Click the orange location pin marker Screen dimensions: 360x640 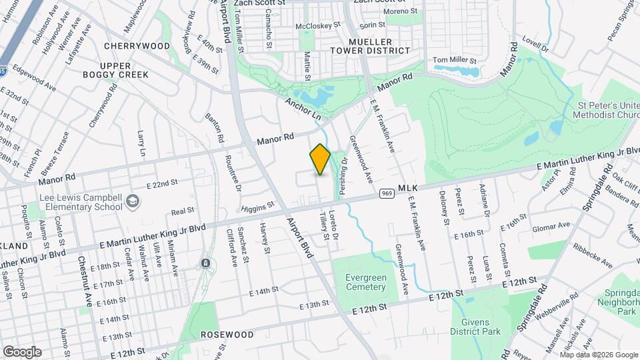tap(320, 159)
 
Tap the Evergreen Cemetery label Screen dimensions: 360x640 tap(366, 282)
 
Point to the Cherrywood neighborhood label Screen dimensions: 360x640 tap(137, 46)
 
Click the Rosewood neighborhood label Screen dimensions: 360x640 tap(227, 334)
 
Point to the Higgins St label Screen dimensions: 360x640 tap(258, 208)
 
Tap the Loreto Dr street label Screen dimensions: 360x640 tap(335, 227)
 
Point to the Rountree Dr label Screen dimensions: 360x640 tap(234, 174)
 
